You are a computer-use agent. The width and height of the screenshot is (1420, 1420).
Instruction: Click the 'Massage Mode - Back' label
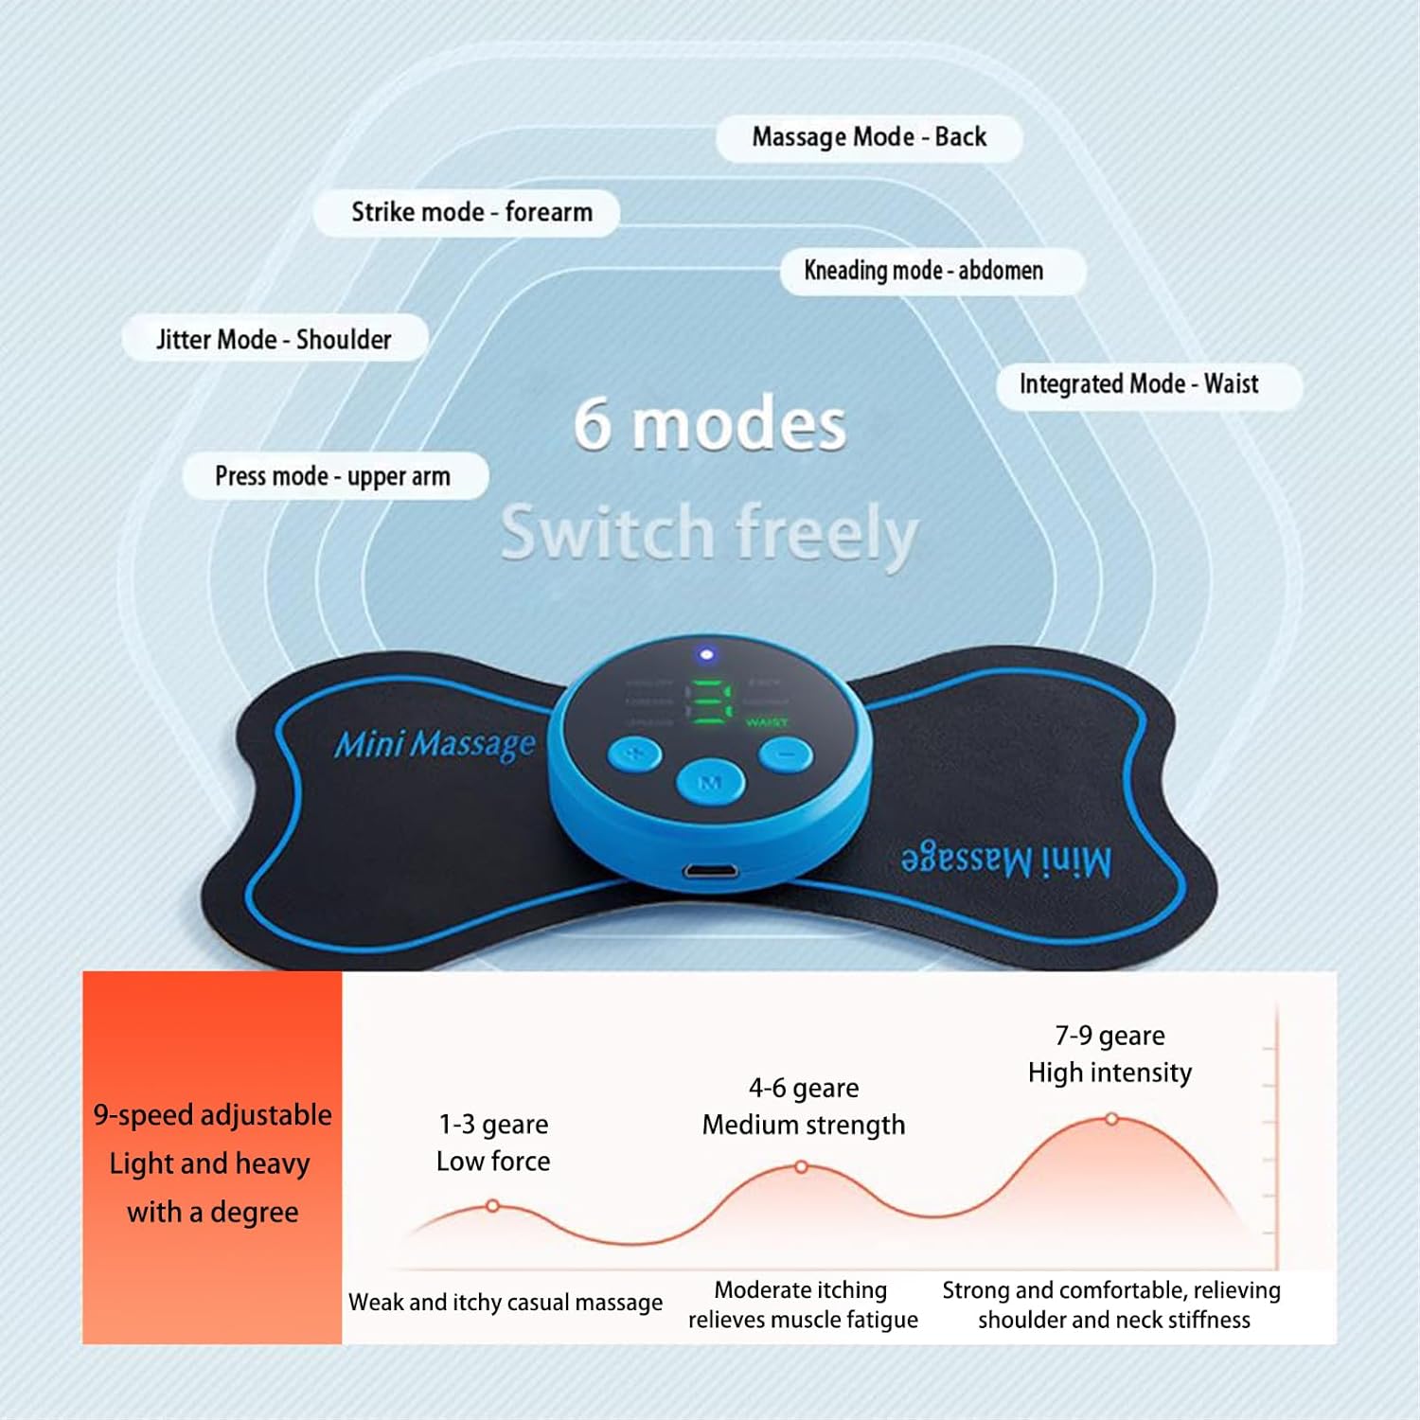(x=869, y=137)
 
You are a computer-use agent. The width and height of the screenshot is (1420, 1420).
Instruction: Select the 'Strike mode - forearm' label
(x=470, y=212)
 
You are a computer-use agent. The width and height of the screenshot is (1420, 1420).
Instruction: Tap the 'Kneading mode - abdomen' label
(x=924, y=271)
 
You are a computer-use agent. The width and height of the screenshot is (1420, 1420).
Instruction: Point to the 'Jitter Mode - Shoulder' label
(x=274, y=339)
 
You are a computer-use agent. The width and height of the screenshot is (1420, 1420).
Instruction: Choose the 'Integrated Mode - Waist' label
(x=1139, y=384)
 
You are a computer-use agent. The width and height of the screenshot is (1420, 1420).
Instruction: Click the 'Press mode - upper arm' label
(x=333, y=475)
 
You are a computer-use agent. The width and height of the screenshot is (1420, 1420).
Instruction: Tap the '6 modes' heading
(x=710, y=424)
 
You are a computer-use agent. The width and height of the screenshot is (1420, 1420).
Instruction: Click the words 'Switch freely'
(x=710, y=532)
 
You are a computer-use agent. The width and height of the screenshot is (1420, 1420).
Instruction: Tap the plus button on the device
(x=635, y=754)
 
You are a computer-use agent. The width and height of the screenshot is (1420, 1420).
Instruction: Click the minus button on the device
(x=786, y=754)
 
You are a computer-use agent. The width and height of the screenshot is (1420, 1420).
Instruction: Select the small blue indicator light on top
(x=705, y=654)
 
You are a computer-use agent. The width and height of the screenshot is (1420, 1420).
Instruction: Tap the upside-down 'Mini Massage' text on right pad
(x=1006, y=861)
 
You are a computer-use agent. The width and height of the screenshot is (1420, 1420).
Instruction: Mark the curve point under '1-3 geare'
(x=492, y=1206)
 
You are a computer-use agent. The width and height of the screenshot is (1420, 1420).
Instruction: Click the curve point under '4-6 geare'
(x=801, y=1167)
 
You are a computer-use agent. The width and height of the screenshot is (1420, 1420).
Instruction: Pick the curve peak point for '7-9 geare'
(x=1111, y=1119)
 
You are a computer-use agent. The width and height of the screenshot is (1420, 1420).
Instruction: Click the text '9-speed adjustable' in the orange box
(x=213, y=1115)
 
